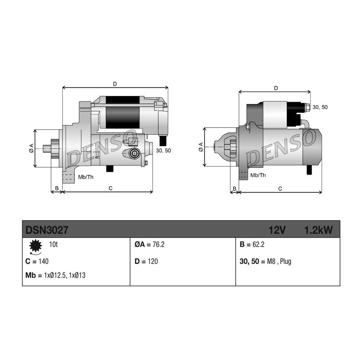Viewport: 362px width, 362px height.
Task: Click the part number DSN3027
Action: (x=47, y=230)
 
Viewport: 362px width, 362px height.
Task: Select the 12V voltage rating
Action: (x=277, y=230)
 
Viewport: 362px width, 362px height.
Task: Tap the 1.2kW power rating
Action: (x=319, y=230)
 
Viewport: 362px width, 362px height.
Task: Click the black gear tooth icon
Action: (x=35, y=246)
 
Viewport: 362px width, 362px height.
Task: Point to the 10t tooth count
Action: (x=53, y=244)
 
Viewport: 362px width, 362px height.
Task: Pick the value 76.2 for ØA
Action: (x=158, y=244)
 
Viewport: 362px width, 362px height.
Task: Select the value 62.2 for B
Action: (x=258, y=244)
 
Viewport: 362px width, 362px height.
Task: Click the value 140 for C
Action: (x=43, y=261)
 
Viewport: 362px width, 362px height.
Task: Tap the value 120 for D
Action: (x=152, y=261)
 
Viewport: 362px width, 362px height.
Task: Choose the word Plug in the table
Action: (x=286, y=261)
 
